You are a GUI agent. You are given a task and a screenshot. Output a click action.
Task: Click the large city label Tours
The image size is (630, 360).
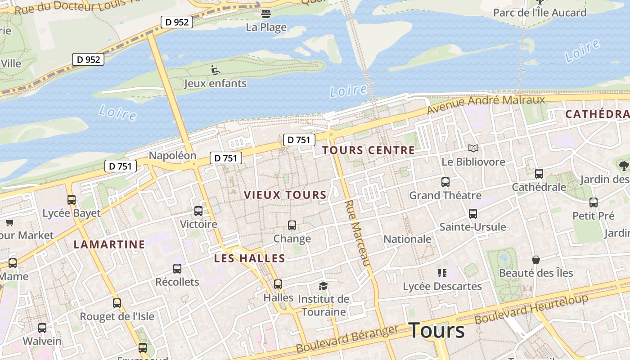pyautogui.click(x=436, y=331)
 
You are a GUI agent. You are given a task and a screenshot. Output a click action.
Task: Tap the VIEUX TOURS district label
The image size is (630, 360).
pyautogui.click(x=285, y=195)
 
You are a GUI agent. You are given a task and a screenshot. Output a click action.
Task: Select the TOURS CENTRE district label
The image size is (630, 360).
pyautogui.click(x=369, y=150)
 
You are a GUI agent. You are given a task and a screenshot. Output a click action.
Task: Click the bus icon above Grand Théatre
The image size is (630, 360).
pyautogui.click(x=445, y=182)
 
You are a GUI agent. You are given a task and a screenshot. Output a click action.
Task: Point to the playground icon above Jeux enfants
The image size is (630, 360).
pyautogui.click(x=216, y=70)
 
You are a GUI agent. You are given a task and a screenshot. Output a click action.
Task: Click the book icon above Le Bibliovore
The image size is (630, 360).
pyautogui.click(x=473, y=148)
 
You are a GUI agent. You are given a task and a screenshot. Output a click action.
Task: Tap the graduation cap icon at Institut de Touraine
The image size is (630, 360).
pyautogui.click(x=323, y=286)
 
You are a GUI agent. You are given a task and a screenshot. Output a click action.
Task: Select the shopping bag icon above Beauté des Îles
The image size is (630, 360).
pyautogui.click(x=535, y=260)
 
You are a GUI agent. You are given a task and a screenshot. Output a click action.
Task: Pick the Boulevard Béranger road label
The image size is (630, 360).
pyautogui.click(x=347, y=339)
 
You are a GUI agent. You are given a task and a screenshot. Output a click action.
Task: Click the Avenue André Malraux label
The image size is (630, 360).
pyautogui.click(x=486, y=104)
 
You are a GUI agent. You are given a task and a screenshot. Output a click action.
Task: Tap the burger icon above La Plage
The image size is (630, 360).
pyautogui.click(x=266, y=14)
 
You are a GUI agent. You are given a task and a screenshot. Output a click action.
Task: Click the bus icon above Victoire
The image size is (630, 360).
pyautogui.click(x=198, y=211)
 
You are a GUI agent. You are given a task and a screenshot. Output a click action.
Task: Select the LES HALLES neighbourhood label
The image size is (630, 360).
pyautogui.click(x=249, y=258)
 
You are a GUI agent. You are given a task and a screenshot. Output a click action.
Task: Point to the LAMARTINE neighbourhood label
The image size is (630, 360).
pyautogui.click(x=109, y=244)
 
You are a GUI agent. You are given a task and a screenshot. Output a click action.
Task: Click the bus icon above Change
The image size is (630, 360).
pyautogui.click(x=292, y=225)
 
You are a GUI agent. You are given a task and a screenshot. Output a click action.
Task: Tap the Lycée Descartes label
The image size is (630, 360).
pyautogui.click(x=442, y=286)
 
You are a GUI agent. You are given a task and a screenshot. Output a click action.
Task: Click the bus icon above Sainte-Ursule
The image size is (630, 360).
pyautogui.click(x=472, y=214)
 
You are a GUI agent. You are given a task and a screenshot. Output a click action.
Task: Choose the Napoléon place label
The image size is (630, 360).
pyautogui.click(x=172, y=156)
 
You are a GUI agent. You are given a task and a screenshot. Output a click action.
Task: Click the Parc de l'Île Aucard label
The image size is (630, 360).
pyautogui.click(x=540, y=13)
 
